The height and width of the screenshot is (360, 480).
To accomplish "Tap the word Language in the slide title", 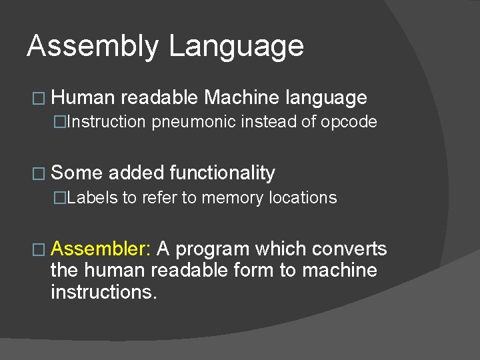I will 236,47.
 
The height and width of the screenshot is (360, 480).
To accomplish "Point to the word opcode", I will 351,122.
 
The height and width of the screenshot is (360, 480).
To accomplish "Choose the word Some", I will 77,173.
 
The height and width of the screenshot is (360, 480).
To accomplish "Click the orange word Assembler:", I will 102,249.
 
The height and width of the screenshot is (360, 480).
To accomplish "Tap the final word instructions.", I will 104,291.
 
